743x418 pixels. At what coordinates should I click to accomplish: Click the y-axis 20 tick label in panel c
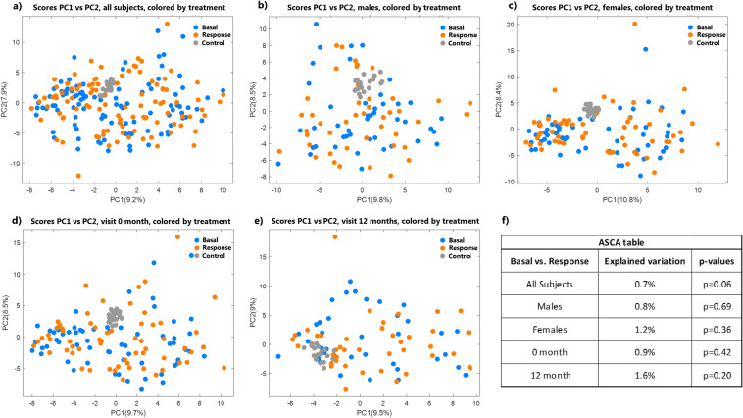519,24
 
